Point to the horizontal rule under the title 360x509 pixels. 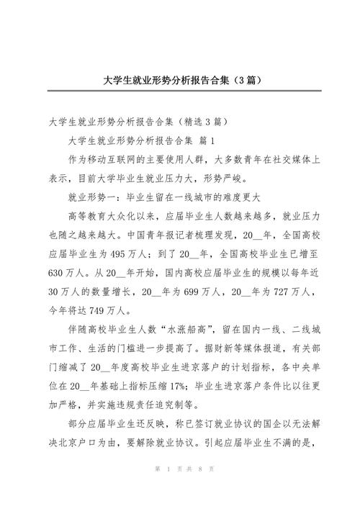[x=180, y=91]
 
